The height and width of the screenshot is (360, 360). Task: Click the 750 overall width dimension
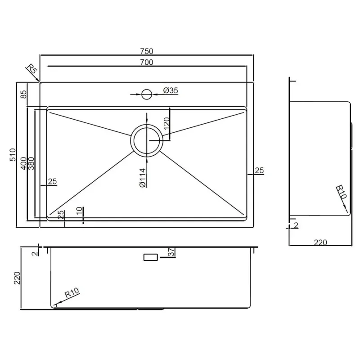[x=147, y=51]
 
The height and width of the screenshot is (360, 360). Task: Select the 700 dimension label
[x=147, y=62]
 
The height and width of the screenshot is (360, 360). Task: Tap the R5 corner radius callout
[x=31, y=69]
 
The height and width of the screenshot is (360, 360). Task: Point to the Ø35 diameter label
[x=171, y=90]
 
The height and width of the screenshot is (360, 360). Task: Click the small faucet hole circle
[x=147, y=94]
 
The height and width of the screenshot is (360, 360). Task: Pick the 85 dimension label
[x=24, y=94]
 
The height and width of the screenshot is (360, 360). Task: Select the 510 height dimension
[x=13, y=155]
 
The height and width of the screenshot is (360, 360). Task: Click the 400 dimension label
[x=24, y=163]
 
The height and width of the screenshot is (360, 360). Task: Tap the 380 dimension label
[x=31, y=163]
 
